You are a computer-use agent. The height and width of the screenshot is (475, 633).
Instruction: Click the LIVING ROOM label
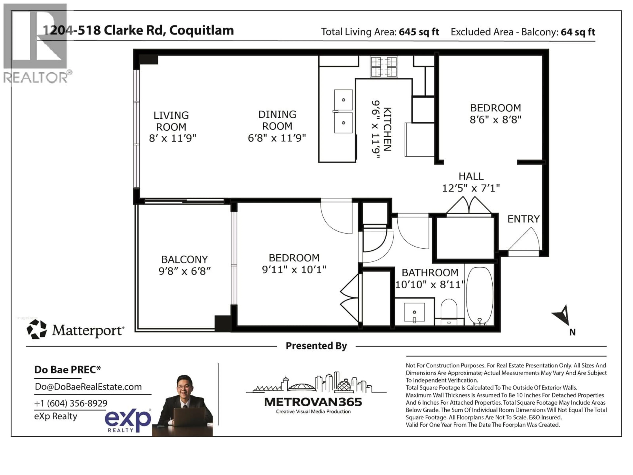(171, 121)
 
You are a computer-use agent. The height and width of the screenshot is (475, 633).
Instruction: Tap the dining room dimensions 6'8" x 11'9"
(277, 138)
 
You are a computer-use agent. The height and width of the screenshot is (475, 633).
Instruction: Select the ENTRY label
(523, 219)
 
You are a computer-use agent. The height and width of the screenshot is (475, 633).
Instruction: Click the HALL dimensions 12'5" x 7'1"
(471, 188)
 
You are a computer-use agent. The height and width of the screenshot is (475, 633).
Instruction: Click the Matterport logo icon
(37, 330)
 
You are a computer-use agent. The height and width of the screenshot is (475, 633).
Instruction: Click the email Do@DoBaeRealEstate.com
(88, 387)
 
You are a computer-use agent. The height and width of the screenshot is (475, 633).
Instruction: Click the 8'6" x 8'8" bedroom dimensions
(495, 120)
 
